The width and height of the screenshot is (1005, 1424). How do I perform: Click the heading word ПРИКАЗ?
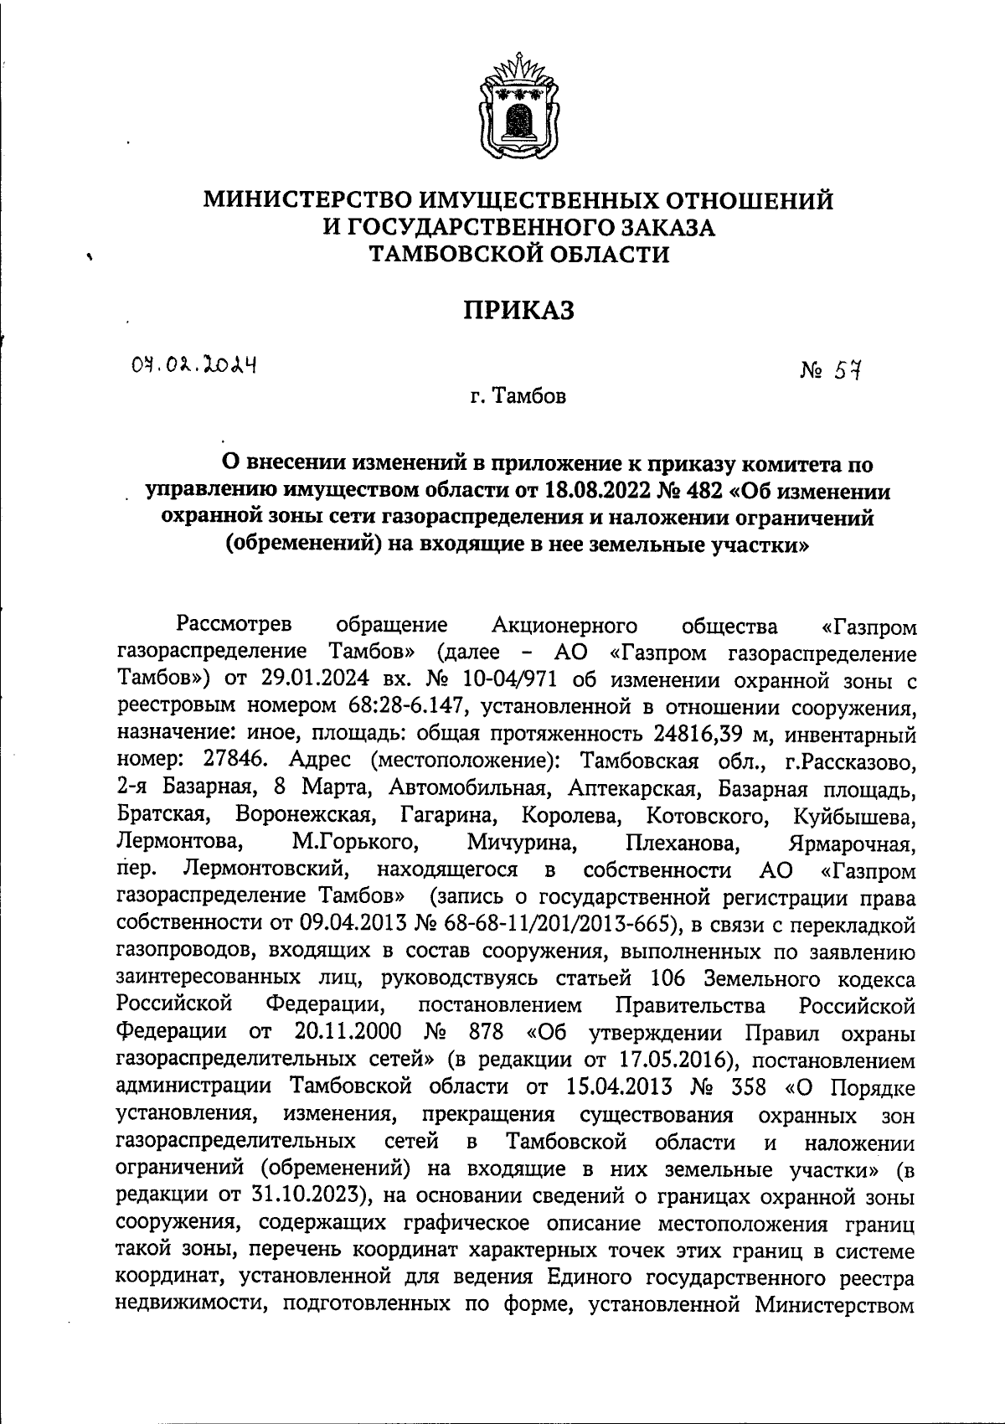coord(520,311)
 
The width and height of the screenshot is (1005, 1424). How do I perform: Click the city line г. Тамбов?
coord(518,395)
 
